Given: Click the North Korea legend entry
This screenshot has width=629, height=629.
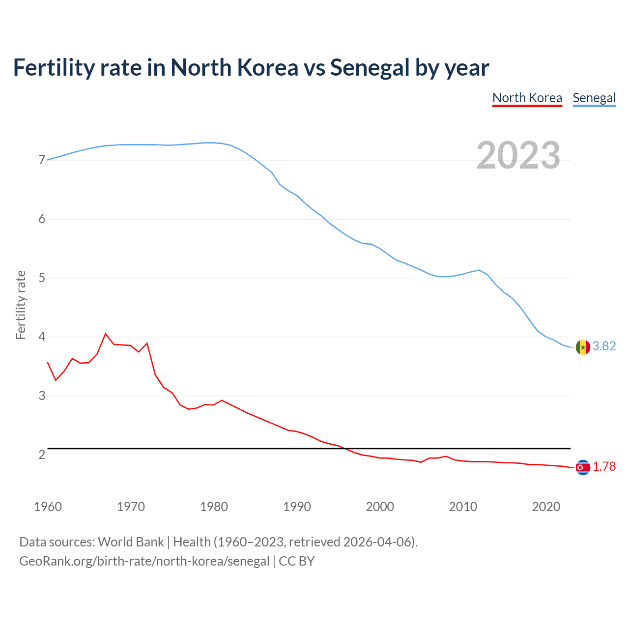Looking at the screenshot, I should [527, 98].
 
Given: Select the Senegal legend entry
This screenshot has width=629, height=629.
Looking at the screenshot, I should [594, 98].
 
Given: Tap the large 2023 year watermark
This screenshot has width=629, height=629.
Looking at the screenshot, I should [518, 155].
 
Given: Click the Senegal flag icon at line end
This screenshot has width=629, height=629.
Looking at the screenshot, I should [583, 347].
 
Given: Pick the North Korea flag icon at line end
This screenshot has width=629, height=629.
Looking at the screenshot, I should [583, 467].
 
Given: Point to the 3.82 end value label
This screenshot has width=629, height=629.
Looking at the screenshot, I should [604, 346].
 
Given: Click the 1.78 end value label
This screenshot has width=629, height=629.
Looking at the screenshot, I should [604, 467].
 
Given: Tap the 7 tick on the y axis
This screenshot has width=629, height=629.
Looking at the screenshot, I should [42, 160].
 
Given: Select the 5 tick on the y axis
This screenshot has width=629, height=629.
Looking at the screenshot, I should [42, 278].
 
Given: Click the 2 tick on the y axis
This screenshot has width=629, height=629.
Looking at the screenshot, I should [42, 455].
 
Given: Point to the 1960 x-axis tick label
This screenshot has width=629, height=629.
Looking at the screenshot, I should [48, 507].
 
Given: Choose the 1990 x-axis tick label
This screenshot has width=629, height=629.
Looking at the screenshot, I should [297, 507].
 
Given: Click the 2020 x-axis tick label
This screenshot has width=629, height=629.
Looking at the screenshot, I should [546, 507].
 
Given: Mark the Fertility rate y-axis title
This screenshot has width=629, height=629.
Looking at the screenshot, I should [21, 305].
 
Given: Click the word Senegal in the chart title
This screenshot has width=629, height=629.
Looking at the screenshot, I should [370, 67].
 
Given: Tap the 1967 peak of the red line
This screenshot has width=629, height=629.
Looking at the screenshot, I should [106, 334].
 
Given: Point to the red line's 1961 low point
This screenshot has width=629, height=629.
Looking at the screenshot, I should [56, 380].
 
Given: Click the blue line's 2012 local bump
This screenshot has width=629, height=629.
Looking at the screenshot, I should [479, 270].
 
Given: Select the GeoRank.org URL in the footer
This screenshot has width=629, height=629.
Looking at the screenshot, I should [144, 561].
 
